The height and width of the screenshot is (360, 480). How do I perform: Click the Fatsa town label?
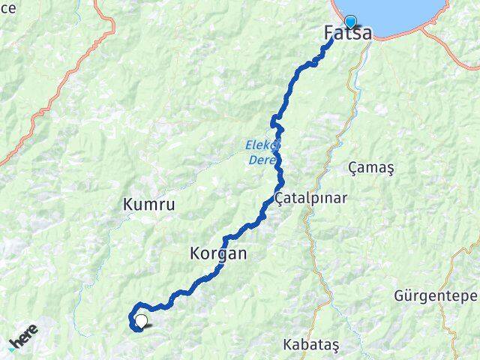347,34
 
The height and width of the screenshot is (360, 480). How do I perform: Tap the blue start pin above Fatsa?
350,22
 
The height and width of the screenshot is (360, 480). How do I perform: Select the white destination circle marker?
140,322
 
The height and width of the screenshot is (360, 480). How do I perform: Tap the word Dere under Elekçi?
260,159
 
